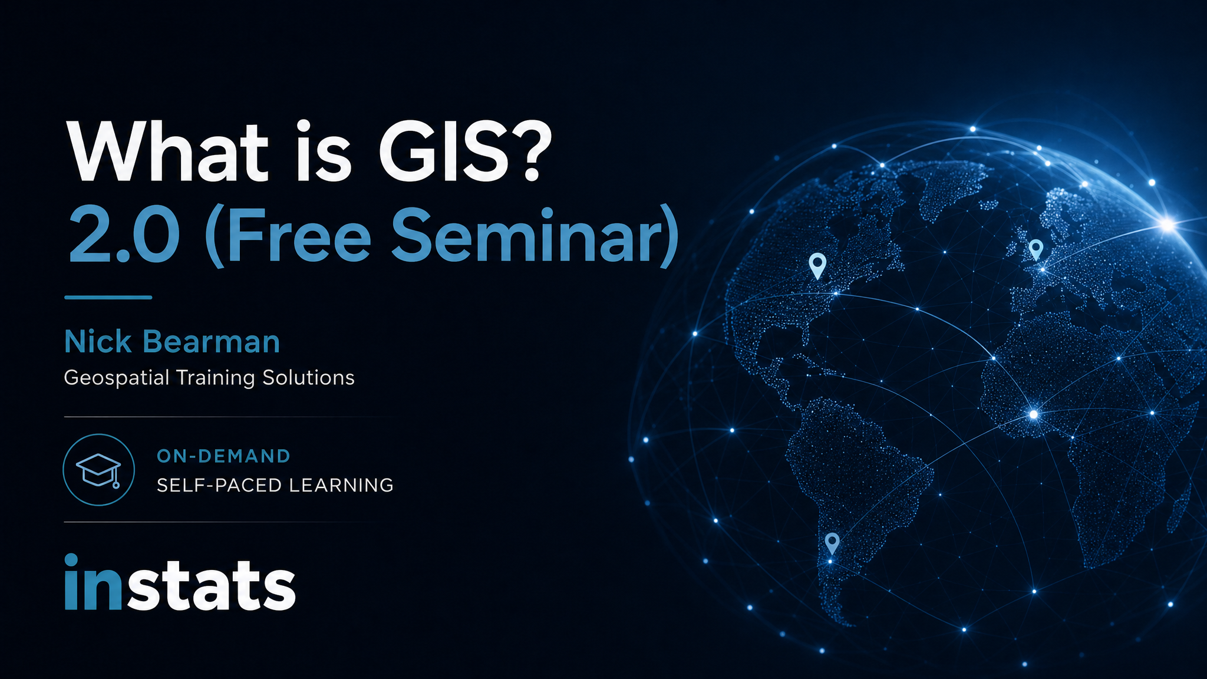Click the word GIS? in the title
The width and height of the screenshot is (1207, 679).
(464, 151)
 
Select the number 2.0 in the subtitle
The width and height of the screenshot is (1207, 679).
(124, 236)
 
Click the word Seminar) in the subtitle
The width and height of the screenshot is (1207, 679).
(535, 236)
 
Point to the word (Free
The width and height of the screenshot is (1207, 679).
(288, 236)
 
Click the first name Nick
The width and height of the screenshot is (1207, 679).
(98, 342)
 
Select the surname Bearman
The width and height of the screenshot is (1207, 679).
(211, 342)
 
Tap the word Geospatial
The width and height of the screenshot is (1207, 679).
(117, 378)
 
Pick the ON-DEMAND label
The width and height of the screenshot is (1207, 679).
(223, 456)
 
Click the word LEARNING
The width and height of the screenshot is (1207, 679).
(341, 485)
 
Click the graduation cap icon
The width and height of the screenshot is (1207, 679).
(98, 470)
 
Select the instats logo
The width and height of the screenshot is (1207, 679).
(180, 582)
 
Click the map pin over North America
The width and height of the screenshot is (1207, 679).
(817, 266)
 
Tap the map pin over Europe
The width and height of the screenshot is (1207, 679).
(1035, 250)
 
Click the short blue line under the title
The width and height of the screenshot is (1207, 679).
(108, 297)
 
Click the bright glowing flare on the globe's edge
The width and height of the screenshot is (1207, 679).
(1167, 224)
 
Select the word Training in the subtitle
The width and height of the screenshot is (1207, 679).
(216, 378)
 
